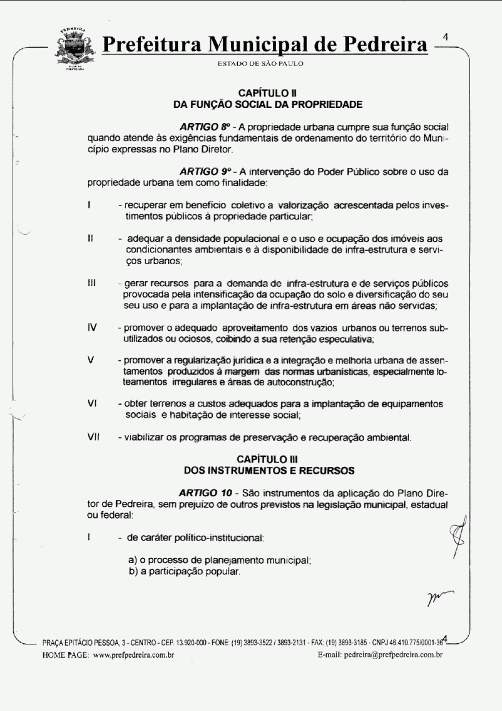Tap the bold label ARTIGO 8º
(x=203, y=127)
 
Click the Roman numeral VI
(x=92, y=403)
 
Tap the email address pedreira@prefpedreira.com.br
(x=398, y=655)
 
